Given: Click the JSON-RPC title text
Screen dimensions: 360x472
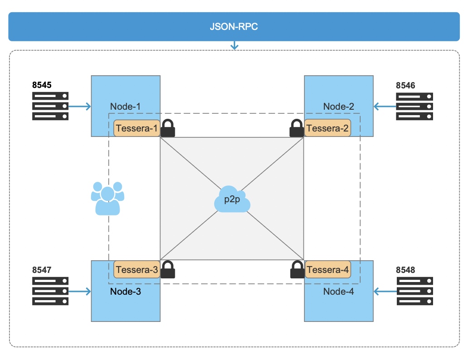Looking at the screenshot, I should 234,26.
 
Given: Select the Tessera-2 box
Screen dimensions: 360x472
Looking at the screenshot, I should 328,128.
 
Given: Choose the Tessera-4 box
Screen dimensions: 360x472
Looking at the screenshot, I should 328,270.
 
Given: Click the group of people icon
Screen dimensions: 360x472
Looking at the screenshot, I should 107,198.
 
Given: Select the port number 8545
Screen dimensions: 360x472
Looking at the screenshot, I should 42,85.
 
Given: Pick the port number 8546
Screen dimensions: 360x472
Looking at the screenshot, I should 405,85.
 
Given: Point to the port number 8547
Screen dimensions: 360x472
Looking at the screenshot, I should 42,270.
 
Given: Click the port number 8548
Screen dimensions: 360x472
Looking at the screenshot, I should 405,270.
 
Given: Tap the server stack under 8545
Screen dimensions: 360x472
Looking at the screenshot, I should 50,106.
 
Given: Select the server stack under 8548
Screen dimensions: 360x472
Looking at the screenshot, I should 414,291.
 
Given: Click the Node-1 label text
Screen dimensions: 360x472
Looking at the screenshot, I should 125,107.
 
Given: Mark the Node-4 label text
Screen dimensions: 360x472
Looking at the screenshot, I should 338,292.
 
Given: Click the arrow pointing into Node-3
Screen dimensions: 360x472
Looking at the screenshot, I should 80,291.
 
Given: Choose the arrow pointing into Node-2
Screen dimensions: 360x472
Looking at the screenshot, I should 385,107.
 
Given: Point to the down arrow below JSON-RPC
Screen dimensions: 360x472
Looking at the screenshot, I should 234,45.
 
